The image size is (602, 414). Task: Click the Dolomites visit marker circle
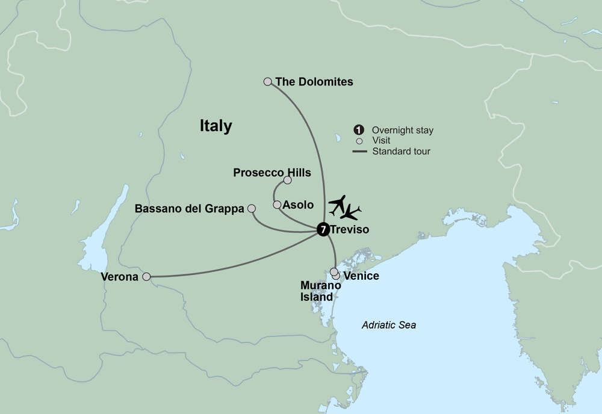click(268, 81)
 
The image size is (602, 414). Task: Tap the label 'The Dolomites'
click(314, 81)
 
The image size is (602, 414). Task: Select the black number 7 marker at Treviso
click(323, 229)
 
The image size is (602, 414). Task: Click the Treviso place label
click(350, 229)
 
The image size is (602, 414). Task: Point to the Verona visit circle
click(146, 277)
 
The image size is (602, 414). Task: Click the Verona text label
click(122, 277)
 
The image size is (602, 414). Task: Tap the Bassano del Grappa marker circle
click(252, 209)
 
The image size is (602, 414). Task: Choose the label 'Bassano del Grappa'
click(190, 209)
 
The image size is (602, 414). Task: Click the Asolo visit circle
click(277, 205)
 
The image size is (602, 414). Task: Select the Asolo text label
click(298, 205)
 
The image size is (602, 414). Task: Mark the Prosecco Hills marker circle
click(287, 180)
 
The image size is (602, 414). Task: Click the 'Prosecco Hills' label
click(272, 173)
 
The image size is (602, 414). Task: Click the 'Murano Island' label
click(317, 291)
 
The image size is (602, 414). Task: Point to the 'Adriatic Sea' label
click(389, 325)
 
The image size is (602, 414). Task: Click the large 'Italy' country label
click(216, 126)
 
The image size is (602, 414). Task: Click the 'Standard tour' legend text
click(401, 151)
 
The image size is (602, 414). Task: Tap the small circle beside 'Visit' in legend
click(359, 141)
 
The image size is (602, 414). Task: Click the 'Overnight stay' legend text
click(402, 130)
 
